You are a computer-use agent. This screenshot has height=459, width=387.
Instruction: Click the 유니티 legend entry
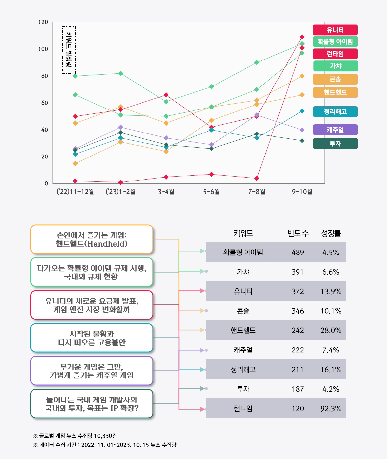coord(335,30)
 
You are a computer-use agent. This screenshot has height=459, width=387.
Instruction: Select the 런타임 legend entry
coord(335,54)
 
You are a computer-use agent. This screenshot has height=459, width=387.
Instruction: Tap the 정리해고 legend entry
coord(335,112)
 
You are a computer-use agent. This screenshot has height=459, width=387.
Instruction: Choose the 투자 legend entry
coord(335,144)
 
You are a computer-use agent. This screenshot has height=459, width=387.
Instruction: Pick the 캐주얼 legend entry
coord(335,130)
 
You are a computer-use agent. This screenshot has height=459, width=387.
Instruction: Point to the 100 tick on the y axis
coord(43,49)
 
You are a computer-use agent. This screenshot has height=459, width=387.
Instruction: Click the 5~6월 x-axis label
coord(211,192)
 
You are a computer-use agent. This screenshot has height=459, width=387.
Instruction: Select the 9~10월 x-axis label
coord(302,192)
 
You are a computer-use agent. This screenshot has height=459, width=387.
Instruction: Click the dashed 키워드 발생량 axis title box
coord(69,50)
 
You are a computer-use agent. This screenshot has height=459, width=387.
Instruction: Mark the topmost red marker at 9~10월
coord(302,37)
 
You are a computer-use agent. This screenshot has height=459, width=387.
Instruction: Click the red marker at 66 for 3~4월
coord(166,95)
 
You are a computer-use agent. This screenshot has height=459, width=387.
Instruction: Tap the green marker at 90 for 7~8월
coord(257,62)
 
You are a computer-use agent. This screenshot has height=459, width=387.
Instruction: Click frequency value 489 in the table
coord(297,253)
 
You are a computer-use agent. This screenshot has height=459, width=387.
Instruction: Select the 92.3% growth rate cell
coord(331,409)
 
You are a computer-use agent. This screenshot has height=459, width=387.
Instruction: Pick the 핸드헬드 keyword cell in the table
coord(243,330)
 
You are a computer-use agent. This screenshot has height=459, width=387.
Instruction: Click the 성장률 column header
coord(331,234)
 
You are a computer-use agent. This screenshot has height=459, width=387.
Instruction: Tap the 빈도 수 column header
coord(298,234)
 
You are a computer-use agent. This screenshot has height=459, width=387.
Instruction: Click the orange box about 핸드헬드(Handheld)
coord(92,239)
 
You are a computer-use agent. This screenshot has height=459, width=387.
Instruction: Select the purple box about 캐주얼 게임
coord(92,371)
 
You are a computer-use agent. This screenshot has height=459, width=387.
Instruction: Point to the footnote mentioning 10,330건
coord(75,436)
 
